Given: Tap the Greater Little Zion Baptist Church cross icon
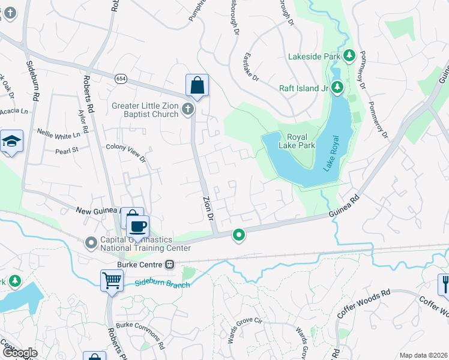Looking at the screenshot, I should pyautogui.click(x=188, y=109).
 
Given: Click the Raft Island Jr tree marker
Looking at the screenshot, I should pyautogui.click(x=337, y=88).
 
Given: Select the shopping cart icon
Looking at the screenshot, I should pyautogui.click(x=112, y=280).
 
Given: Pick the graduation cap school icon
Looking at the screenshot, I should pyautogui.click(x=11, y=142).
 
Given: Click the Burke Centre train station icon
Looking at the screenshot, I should pyautogui.click(x=170, y=264).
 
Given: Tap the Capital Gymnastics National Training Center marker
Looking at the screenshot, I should pyautogui.click(x=91, y=243).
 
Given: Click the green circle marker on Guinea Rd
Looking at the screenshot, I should pyautogui.click(x=239, y=235).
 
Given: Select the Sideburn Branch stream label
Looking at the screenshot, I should pyautogui.click(x=162, y=283).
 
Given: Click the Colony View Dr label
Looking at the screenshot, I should pyautogui.click(x=126, y=152).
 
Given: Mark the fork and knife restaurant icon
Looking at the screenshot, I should pyautogui.click(x=445, y=284).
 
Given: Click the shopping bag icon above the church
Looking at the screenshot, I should pyautogui.click(x=197, y=85).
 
